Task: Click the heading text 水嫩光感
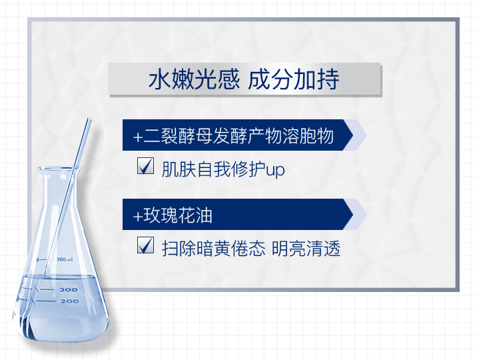coord(194,79)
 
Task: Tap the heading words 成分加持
coord(293,79)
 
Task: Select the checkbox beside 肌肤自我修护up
coord(145,166)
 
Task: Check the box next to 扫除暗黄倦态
coord(145,245)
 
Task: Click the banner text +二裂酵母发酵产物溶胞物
coord(233,136)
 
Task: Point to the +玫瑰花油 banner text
coord(173,215)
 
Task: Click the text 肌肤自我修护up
coord(223,169)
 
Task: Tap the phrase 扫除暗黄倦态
coord(214,249)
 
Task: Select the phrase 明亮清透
coord(306,249)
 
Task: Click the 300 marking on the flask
coord(69,289)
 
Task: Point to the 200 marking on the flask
coord(69,301)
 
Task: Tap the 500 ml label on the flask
coord(65,259)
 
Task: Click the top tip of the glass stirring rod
coord(89,119)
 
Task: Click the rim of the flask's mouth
coord(59,168)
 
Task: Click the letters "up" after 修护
coord(275,171)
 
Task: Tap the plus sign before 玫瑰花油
coord(138,217)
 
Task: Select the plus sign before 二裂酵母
coord(138,137)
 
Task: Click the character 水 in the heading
coord(160,79)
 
